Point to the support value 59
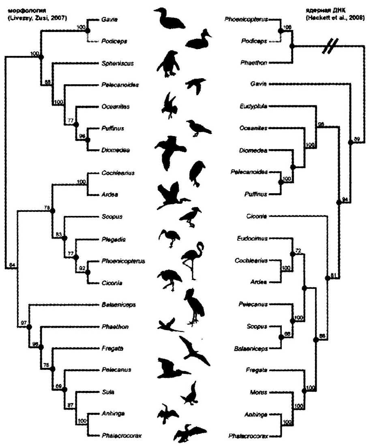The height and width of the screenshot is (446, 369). pyautogui.click(x=357, y=140)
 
